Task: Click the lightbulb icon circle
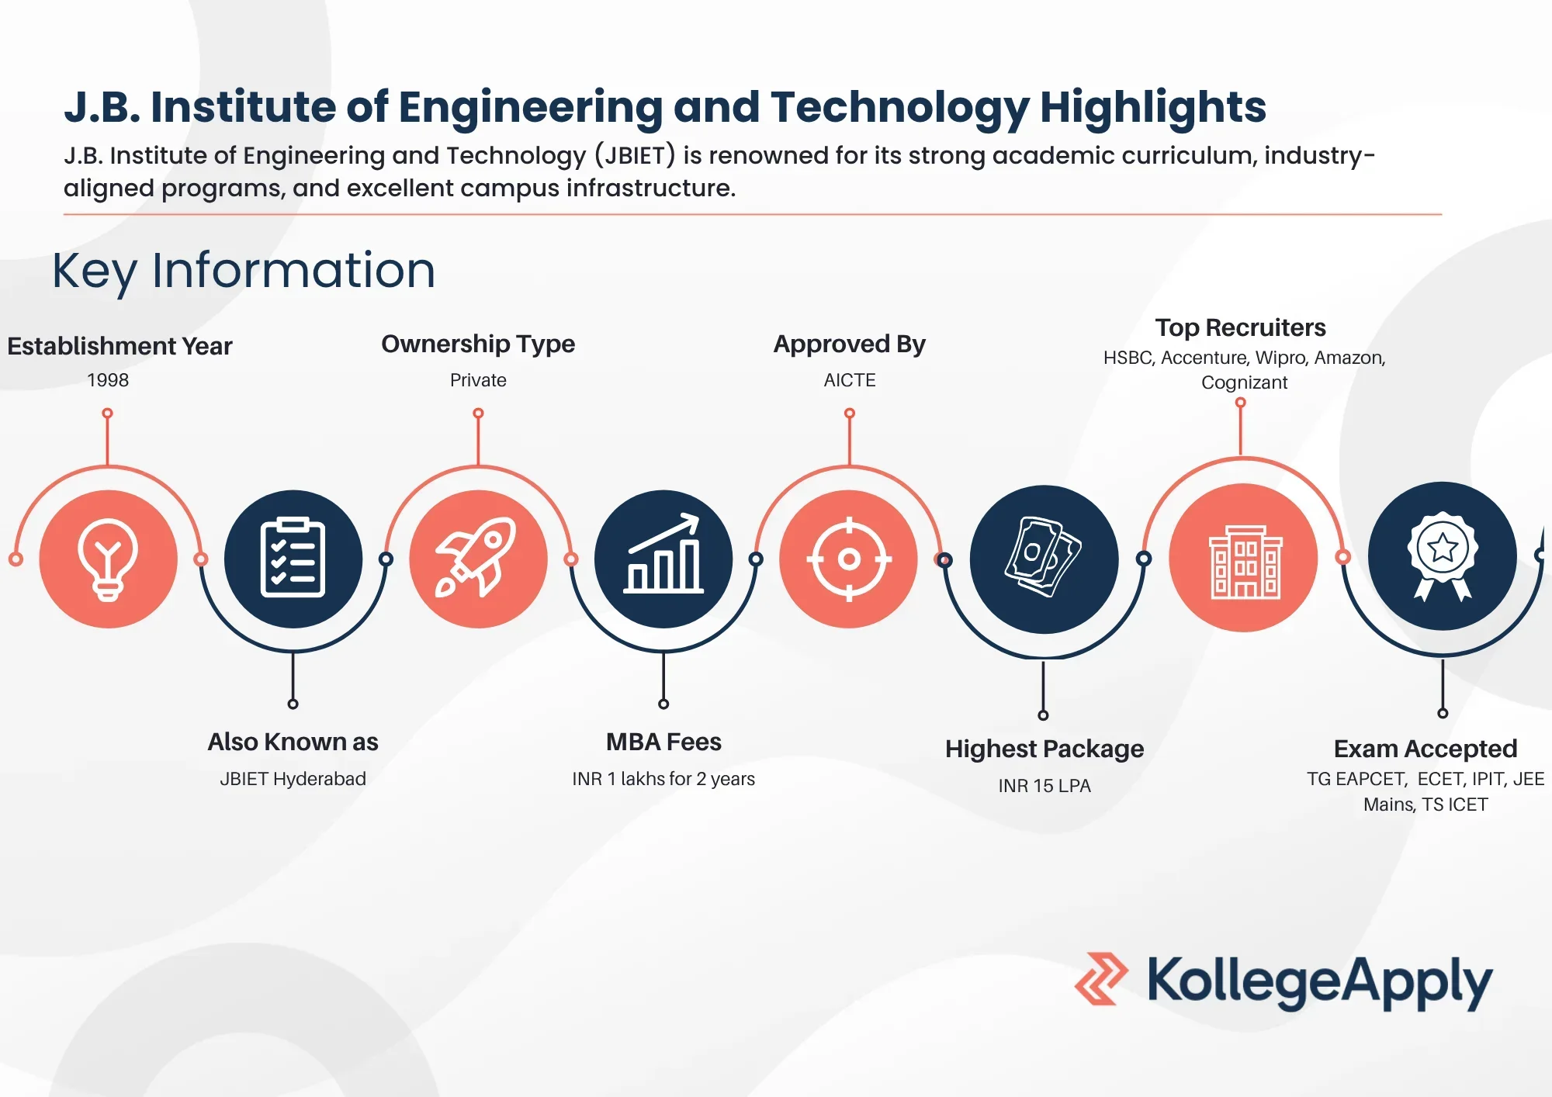pyautogui.click(x=109, y=559)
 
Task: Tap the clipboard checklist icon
pyautogui.click(x=293, y=557)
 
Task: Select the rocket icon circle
pyautogui.click(x=479, y=559)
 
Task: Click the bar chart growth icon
pyautogui.click(x=663, y=553)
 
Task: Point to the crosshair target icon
pyautogui.click(x=849, y=559)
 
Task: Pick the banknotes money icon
pyautogui.click(x=1043, y=556)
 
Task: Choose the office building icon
pyautogui.click(x=1245, y=562)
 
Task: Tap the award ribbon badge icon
pyautogui.click(x=1443, y=555)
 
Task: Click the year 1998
pyautogui.click(x=108, y=380)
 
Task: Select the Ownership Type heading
pyautogui.click(x=478, y=344)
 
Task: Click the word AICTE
pyautogui.click(x=850, y=380)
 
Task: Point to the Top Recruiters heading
pyautogui.click(x=1240, y=327)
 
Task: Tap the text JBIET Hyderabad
pyautogui.click(x=293, y=779)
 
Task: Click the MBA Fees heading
pyautogui.click(x=663, y=742)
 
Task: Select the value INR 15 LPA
pyautogui.click(x=1044, y=786)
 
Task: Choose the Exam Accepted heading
pyautogui.click(x=1426, y=749)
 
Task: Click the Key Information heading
pyautogui.click(x=244, y=271)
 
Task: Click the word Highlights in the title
pyautogui.click(x=1153, y=107)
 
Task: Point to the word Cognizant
pyautogui.click(x=1244, y=382)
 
